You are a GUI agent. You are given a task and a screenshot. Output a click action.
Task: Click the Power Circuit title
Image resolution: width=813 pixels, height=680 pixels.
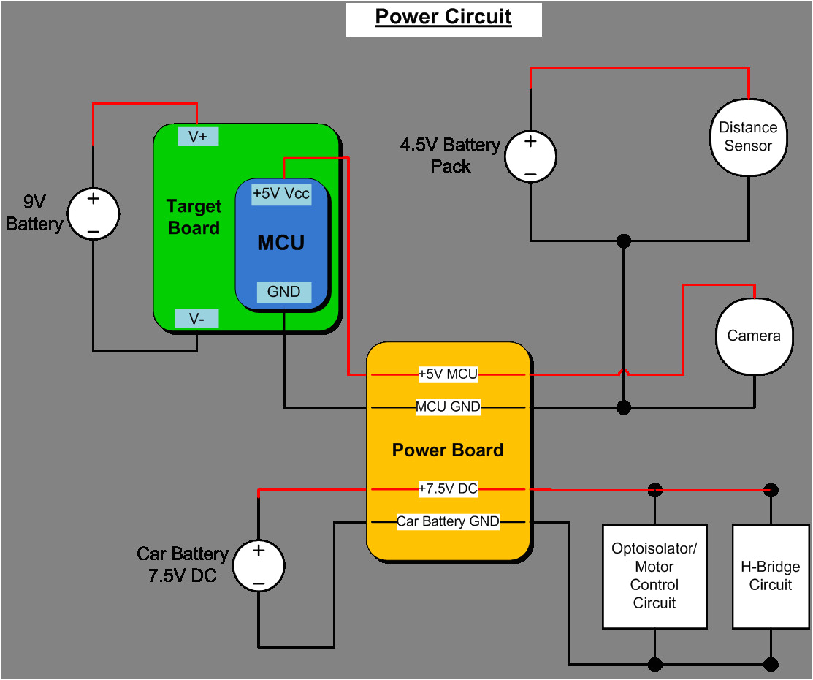443,18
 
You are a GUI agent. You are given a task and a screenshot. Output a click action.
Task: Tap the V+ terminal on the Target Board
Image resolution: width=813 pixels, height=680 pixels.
198,136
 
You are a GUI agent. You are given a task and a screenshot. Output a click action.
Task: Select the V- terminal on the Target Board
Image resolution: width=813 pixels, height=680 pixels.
197,319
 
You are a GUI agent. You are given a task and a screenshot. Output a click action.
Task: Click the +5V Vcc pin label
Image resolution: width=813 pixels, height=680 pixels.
281,194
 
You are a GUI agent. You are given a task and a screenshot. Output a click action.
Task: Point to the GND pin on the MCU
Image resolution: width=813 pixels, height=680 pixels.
283,292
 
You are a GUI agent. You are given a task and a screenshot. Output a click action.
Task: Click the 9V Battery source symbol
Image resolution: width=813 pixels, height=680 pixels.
93,214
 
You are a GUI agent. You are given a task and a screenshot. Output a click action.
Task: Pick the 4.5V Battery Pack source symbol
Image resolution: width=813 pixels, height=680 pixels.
530,156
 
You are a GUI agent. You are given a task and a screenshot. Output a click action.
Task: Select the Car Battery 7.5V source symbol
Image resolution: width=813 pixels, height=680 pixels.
259,566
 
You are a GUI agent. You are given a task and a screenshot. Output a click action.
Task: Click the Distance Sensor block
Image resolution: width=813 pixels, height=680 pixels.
748,137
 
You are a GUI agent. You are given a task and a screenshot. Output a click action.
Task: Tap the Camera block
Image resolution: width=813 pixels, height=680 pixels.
754,336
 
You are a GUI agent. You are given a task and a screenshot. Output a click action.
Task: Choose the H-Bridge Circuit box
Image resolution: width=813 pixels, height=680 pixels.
771,576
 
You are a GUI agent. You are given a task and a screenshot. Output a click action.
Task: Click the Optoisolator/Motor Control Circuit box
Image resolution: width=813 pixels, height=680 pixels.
654,576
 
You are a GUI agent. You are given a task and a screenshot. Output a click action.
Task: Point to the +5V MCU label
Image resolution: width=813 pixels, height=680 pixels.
448,374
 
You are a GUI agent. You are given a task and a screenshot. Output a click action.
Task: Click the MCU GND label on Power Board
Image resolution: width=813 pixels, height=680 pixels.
448,407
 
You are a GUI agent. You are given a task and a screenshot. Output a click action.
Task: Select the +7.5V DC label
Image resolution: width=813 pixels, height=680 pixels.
448,488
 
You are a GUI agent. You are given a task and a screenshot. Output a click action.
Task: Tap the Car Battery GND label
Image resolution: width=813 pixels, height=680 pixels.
448,521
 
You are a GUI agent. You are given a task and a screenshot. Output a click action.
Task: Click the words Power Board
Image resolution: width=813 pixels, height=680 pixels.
448,450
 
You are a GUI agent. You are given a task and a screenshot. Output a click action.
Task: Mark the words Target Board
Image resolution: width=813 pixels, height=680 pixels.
194,217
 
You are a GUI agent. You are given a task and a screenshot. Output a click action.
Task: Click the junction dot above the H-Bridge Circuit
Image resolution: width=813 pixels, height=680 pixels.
771,489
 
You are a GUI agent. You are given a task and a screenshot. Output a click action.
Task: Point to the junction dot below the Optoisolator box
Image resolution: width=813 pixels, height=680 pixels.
655,664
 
